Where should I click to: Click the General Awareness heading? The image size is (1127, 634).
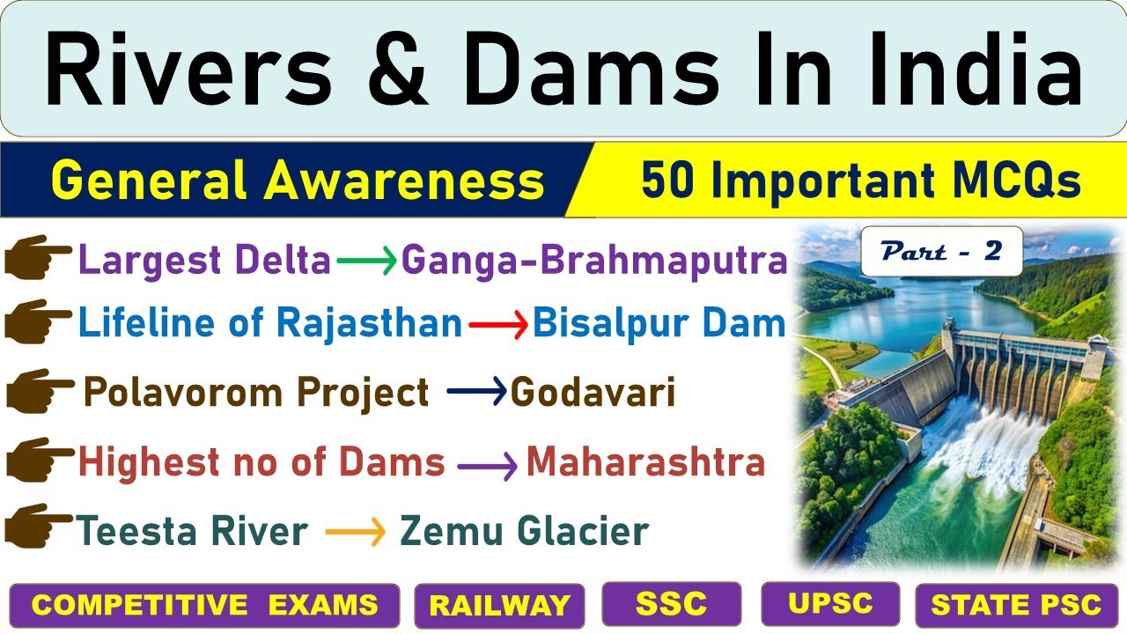point(298,181)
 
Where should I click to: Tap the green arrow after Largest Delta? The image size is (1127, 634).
point(365,262)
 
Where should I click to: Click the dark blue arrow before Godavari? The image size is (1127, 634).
point(477,393)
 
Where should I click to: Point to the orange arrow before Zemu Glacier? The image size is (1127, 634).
point(355,531)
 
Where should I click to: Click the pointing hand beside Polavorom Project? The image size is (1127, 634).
point(39,393)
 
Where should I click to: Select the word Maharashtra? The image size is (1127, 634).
point(645,462)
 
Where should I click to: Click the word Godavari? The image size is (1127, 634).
point(593,393)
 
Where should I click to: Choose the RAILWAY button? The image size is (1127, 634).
point(499,606)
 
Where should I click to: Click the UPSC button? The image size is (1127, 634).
point(830,603)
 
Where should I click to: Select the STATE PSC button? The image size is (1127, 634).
point(1016,606)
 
